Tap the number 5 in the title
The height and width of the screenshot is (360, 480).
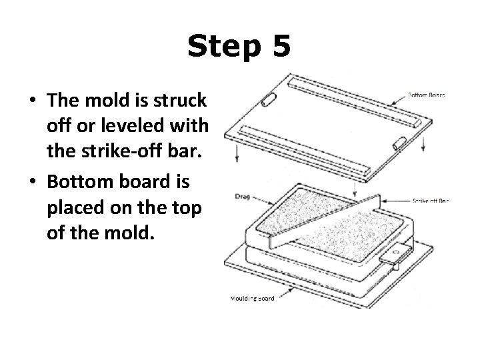280,47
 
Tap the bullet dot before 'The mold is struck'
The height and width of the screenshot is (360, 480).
32,101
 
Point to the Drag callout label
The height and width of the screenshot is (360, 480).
242,197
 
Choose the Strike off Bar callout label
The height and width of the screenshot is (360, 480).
429,199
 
